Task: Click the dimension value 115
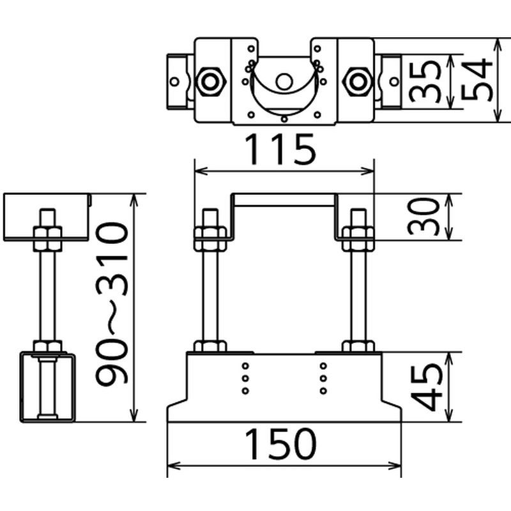pos(280,150)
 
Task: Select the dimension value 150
pos(280,444)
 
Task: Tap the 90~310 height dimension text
pos(112,303)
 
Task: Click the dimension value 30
pos(423,217)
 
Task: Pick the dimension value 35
pos(424,82)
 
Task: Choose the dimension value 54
pos(477,79)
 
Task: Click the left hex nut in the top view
pos(210,82)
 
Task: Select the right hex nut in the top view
pos(358,82)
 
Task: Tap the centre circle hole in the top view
pos(284,82)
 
